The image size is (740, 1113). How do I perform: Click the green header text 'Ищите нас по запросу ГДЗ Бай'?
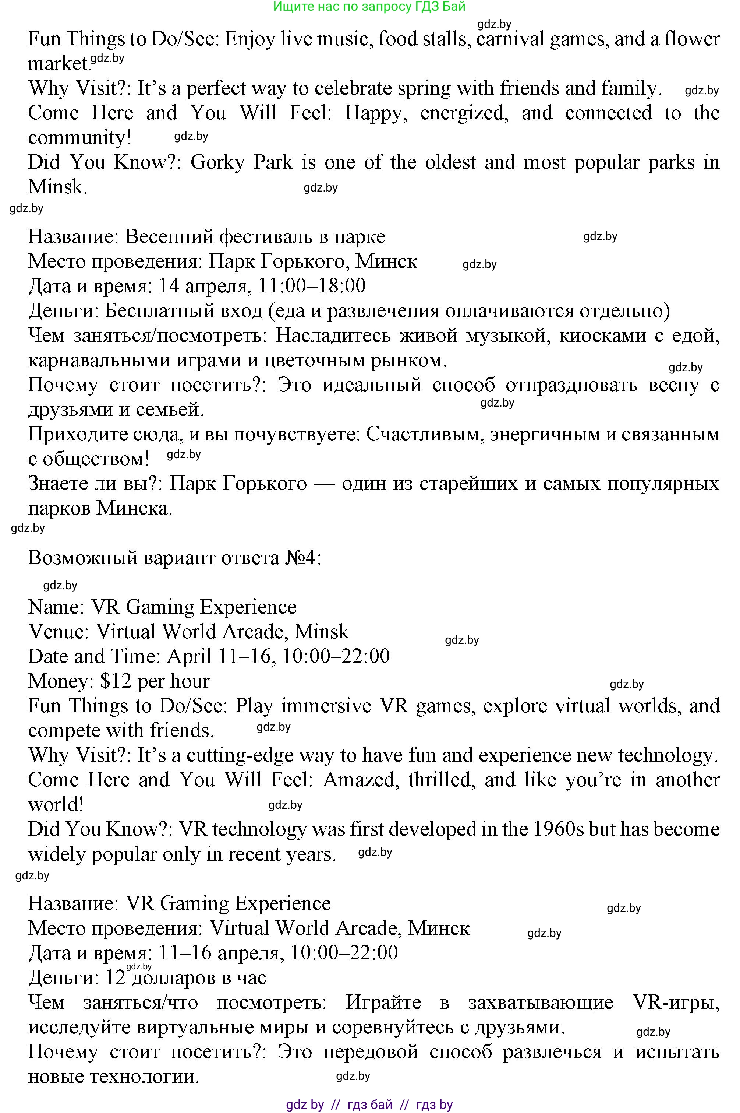tap(369, 7)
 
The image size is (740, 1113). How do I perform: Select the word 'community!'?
tap(79, 138)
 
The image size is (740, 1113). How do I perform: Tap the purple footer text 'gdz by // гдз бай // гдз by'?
tap(369, 1105)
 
